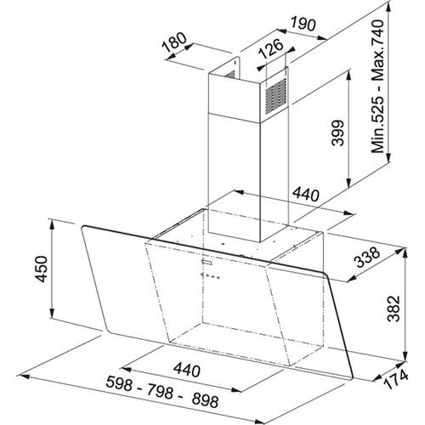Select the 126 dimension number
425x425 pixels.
tap(271, 48)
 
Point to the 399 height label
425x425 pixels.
tap(337, 133)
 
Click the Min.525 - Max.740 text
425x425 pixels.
tap(378, 86)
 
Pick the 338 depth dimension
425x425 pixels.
tap(367, 257)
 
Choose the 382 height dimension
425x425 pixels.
tap(394, 309)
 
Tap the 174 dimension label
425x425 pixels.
tap(396, 380)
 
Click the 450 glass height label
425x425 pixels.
tap(41, 269)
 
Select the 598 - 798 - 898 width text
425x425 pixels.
tap(162, 391)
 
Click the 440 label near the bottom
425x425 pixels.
tap(187, 370)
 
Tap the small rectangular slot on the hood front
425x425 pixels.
tap(207, 263)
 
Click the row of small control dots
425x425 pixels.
tap(210, 275)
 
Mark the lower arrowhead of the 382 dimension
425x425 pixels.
tap(405, 356)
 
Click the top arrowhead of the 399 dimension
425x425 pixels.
tap(348, 76)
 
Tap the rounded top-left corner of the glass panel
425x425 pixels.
tap(82, 227)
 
